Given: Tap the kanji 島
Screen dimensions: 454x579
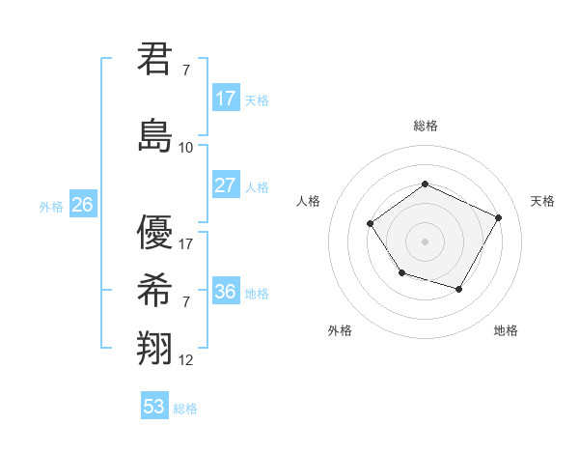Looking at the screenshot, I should click(x=155, y=134).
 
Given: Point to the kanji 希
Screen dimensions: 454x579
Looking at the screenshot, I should click(x=155, y=289).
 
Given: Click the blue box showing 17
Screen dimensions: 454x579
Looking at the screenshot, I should click(x=225, y=99).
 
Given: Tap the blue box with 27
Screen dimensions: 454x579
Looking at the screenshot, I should click(x=225, y=185).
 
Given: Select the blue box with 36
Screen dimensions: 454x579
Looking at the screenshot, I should click(x=225, y=292).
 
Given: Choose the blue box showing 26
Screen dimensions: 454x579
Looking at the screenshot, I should click(x=82, y=205).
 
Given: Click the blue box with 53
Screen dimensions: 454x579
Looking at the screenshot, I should click(x=154, y=407).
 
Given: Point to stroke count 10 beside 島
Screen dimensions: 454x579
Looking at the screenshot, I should click(x=186, y=148).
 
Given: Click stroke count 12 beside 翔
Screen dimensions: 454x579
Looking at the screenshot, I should click(x=186, y=360).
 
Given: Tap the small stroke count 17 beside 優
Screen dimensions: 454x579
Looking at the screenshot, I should click(x=186, y=243).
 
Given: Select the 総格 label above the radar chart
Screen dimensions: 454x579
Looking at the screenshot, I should click(x=425, y=126).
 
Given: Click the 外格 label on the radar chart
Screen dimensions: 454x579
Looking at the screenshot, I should click(x=340, y=330).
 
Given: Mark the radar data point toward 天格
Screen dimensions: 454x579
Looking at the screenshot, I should click(x=498, y=217).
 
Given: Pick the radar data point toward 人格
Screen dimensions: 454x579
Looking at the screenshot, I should click(x=371, y=224).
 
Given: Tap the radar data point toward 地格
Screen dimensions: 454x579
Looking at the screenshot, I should click(x=458, y=289).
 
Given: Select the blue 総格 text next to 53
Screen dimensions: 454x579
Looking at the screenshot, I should click(x=185, y=409).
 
